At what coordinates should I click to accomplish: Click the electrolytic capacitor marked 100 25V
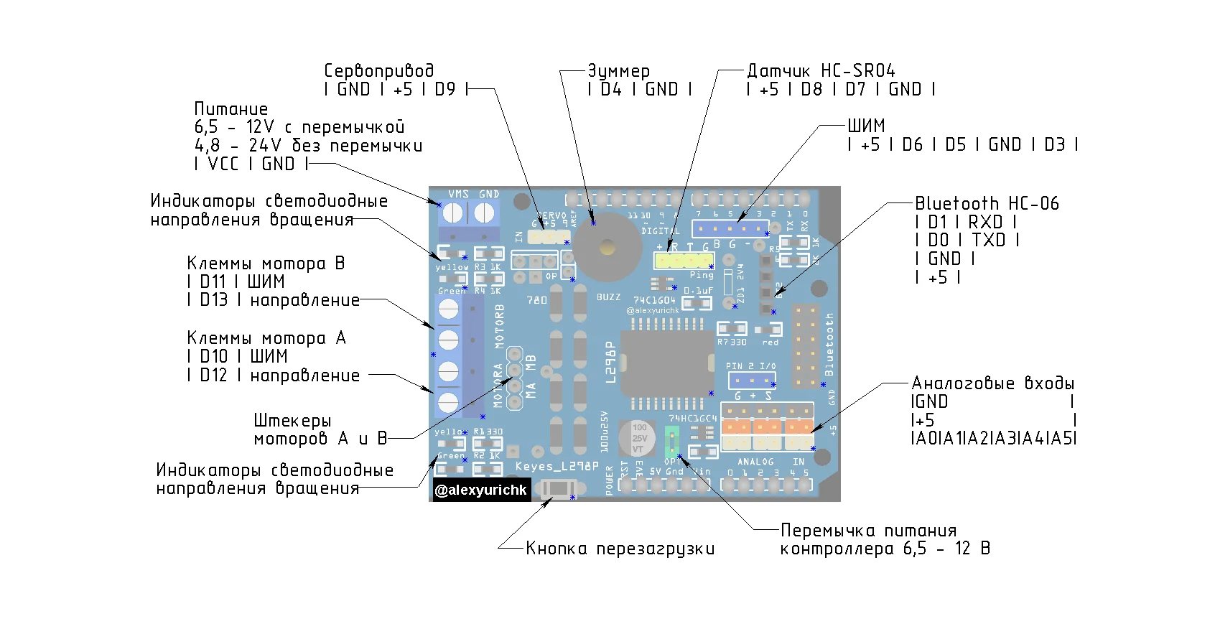pos(638,438)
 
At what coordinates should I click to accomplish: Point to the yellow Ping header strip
pos(683,260)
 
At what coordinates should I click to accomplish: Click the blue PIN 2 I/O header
pos(751,379)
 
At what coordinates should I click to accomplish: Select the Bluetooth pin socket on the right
pos(806,347)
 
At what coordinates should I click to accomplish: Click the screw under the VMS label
pos(452,213)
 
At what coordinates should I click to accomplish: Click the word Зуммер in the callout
pos(618,71)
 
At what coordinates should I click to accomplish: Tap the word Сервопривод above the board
pos(378,71)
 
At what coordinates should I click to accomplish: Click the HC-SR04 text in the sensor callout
pos(857,71)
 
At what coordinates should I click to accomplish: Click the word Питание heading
pos(231,109)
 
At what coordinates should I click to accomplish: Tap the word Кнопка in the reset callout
pos(556,549)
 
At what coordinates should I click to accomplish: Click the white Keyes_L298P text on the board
pos(557,467)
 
